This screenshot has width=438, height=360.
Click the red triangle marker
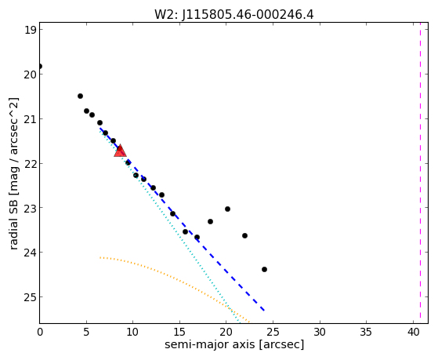click(x=120, y=151)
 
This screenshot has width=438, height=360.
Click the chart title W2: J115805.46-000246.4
click(x=234, y=14)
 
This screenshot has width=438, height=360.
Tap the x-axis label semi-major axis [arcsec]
click(x=234, y=344)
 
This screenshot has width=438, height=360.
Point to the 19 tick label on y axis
click(x=31, y=30)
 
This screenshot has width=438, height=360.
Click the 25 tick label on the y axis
click(x=31, y=296)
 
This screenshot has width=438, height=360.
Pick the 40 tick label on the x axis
click(x=413, y=332)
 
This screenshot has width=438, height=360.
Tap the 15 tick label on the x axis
click(x=179, y=332)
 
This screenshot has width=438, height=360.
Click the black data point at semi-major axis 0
click(x=40, y=67)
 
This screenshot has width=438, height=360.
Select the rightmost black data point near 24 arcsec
click(x=264, y=269)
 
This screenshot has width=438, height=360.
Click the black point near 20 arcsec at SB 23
click(x=227, y=209)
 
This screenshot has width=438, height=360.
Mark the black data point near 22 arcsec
click(x=244, y=236)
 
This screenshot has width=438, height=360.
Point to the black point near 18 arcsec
click(x=210, y=221)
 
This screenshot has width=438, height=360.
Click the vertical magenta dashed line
click(x=420, y=173)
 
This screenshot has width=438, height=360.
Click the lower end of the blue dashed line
click(x=264, y=311)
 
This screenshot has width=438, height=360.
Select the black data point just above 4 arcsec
click(x=80, y=96)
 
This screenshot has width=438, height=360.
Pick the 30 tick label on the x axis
click(x=320, y=332)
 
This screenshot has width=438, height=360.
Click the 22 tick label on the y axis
click(x=31, y=163)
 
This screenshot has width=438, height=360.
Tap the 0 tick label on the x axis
click(x=40, y=332)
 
